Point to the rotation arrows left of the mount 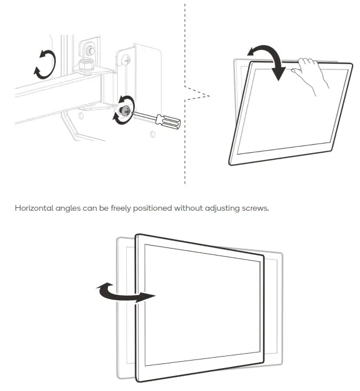[45, 63]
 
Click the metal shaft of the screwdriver [145, 117]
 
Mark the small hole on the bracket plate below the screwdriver [152, 136]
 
